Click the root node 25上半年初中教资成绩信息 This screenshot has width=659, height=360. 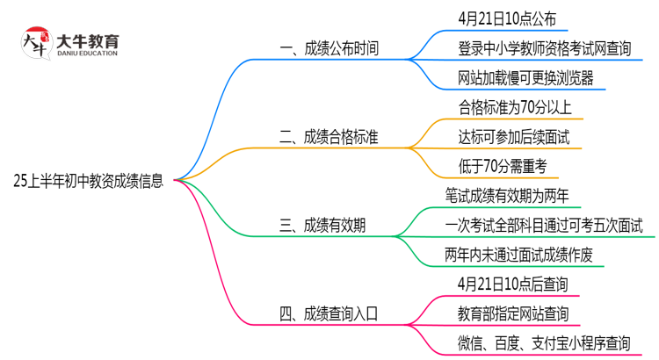(x=88, y=181)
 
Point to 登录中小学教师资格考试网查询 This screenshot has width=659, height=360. (x=544, y=48)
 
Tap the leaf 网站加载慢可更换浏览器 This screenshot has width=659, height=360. (x=525, y=78)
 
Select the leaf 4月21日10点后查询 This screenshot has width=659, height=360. (x=512, y=284)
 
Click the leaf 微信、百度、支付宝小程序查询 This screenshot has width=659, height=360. (x=544, y=342)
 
